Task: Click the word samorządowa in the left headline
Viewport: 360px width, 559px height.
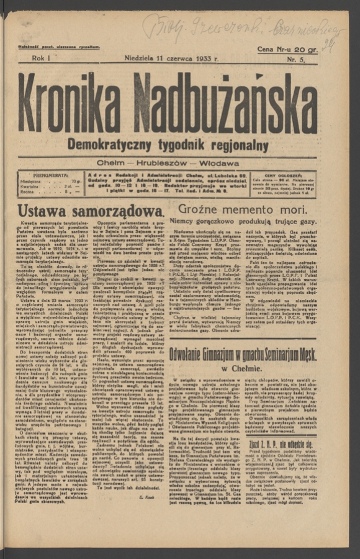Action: (118, 211)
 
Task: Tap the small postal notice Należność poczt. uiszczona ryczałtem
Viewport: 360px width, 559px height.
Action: (60, 47)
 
